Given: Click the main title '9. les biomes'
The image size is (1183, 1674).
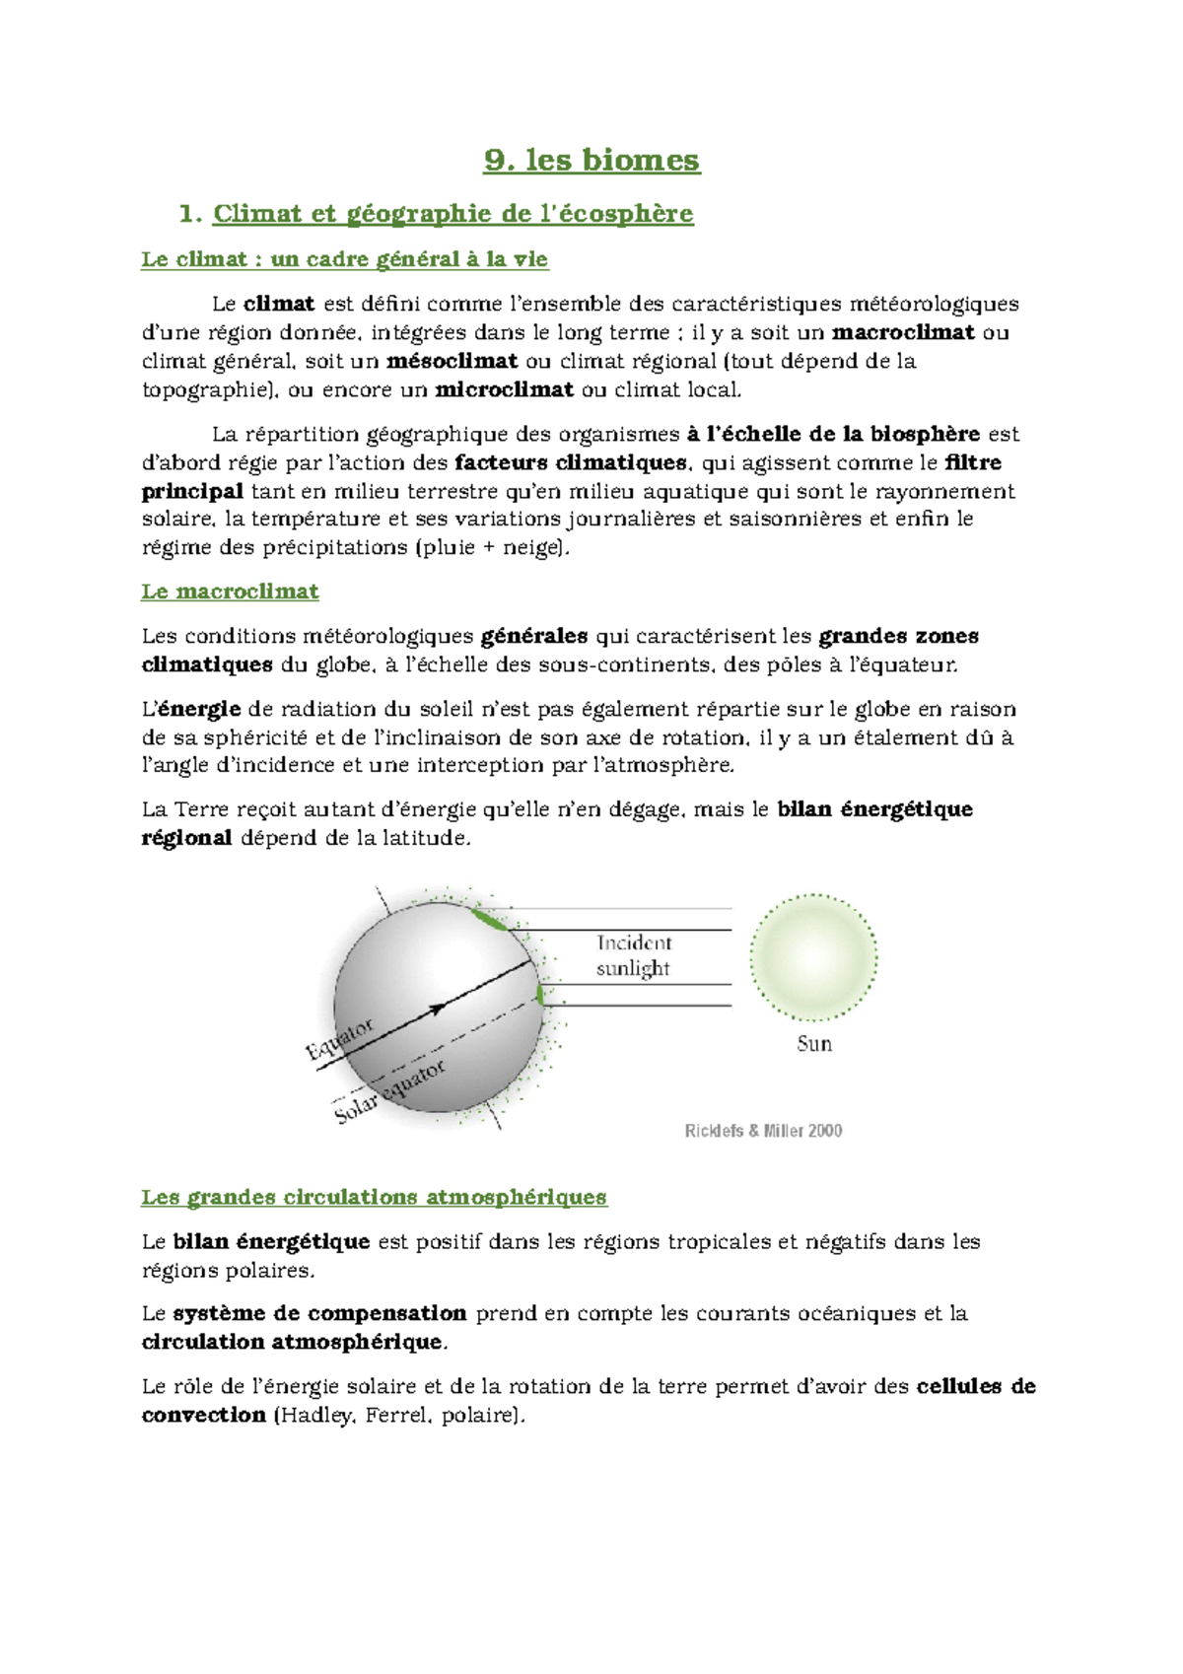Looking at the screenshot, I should point(591,160).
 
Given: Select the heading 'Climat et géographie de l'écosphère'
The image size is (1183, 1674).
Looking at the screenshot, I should point(452,213).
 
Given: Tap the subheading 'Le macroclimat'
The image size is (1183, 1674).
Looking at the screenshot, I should point(230,592).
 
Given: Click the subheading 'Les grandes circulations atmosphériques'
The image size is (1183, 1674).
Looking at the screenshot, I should point(374,1197).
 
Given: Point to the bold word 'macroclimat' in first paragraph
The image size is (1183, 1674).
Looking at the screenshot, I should point(903,332).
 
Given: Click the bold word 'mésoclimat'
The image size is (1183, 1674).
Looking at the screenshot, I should point(452,361).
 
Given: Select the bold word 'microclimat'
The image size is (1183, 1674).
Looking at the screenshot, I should point(504,389).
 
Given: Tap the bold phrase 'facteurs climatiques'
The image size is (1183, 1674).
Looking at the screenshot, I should point(571,462).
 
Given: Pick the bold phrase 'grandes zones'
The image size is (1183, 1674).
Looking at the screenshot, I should point(898,636).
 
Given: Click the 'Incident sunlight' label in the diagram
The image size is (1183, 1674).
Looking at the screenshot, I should point(633,956).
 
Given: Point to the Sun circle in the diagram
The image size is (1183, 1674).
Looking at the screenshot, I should point(813,957).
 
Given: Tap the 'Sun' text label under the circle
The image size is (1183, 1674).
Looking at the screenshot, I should point(814,1044).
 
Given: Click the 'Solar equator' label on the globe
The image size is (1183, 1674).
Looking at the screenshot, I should point(390,1092).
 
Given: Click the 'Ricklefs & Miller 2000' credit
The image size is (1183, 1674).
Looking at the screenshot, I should point(763,1131).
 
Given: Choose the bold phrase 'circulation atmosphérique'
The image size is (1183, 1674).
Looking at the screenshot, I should point(293,1342).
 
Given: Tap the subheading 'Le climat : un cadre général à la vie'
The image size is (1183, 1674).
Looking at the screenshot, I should point(344,259).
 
